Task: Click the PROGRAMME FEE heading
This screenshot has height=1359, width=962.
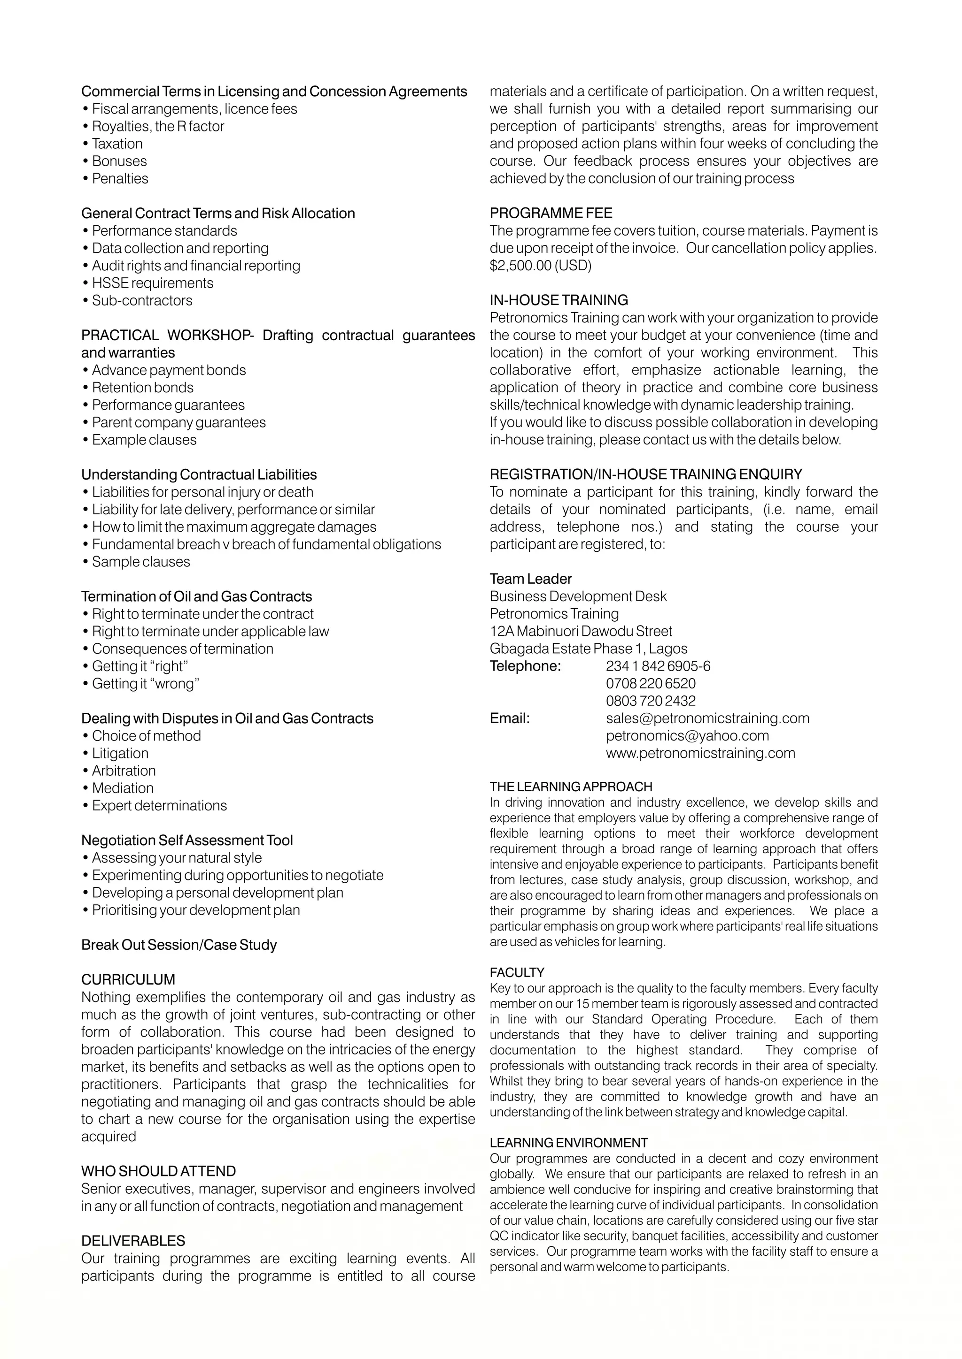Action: click(551, 213)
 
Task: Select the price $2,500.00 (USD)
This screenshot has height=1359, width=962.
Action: click(540, 265)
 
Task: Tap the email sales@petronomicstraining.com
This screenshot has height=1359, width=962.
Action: click(707, 718)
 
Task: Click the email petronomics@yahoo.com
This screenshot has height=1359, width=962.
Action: click(687, 736)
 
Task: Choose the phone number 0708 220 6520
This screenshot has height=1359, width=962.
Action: click(651, 684)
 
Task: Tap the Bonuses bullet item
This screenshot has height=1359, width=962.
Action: click(119, 161)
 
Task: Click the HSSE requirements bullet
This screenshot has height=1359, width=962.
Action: click(152, 283)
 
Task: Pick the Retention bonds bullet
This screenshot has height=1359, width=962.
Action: click(142, 388)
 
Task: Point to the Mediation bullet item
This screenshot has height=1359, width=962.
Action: click(123, 788)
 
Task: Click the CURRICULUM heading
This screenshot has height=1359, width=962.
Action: click(128, 979)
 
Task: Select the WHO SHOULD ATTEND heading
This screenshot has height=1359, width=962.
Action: click(158, 1171)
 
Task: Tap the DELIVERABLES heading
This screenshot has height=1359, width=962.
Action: click(133, 1241)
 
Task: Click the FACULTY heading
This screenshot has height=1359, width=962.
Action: click(517, 972)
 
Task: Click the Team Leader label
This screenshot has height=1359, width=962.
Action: click(530, 579)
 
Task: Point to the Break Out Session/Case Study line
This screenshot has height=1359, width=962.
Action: click(179, 945)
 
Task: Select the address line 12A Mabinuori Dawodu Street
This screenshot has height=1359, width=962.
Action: click(581, 631)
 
